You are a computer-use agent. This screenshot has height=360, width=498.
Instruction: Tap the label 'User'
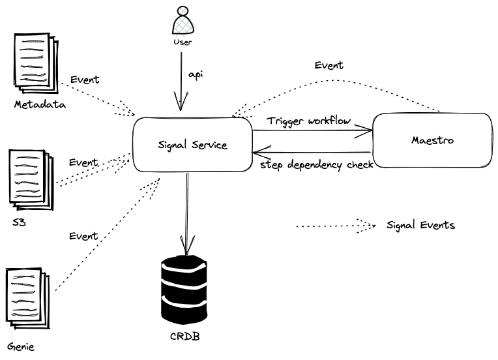[183, 42]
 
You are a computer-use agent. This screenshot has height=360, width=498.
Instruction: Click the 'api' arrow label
[196, 75]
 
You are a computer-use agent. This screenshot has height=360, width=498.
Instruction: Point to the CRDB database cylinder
[184, 289]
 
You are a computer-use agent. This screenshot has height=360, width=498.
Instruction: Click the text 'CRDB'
[185, 336]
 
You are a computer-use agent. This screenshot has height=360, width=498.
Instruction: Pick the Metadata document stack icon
[37, 63]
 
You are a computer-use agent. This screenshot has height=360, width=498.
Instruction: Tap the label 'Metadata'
[40, 104]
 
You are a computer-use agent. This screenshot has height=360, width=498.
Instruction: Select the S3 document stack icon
[31, 180]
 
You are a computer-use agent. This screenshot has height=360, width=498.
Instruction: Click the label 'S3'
[19, 222]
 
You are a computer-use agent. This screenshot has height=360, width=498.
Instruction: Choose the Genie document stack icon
[28, 299]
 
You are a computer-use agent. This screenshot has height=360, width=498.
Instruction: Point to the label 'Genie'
[21, 346]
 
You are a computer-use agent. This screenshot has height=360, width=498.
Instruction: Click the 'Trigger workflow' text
[309, 121]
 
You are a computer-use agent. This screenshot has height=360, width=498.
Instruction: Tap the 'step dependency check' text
[317, 165]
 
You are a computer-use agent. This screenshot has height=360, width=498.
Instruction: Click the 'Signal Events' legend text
[420, 225]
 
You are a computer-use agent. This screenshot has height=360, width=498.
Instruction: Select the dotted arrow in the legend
[336, 226]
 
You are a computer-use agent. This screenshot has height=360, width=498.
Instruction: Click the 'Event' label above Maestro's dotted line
[329, 65]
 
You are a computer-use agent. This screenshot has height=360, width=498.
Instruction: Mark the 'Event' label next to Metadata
[85, 80]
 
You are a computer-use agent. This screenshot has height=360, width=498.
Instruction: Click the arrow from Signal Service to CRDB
[187, 213]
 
